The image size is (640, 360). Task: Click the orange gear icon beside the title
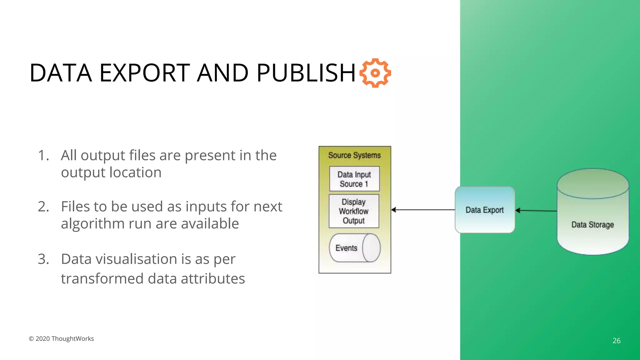375,73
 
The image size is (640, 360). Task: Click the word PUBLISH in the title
306,73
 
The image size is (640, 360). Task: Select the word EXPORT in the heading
144,73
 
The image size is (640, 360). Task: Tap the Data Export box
485,210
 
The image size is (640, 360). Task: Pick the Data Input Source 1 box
354,179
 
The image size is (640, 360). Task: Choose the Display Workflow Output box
354,211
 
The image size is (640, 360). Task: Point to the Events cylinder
354,248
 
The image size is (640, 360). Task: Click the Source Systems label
354,155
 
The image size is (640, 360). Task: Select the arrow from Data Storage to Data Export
536,211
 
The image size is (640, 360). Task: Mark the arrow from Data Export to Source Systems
423,210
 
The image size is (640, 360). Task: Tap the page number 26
616,341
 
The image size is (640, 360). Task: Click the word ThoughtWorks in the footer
72,339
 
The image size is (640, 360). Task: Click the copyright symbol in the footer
31,339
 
